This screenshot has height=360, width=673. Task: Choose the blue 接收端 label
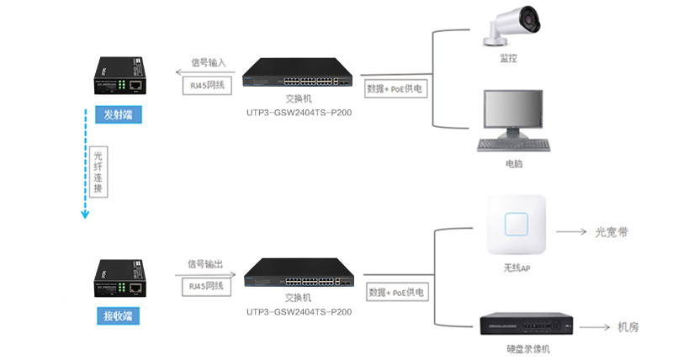[118, 316]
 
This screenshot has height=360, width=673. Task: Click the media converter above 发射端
[117, 77]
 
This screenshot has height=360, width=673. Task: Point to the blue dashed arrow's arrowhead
[85, 214]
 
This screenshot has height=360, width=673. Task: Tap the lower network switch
[298, 277]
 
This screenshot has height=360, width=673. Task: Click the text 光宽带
[612, 230]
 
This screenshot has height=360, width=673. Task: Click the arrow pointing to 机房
[593, 326]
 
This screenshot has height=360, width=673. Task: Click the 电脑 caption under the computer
[514, 163]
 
